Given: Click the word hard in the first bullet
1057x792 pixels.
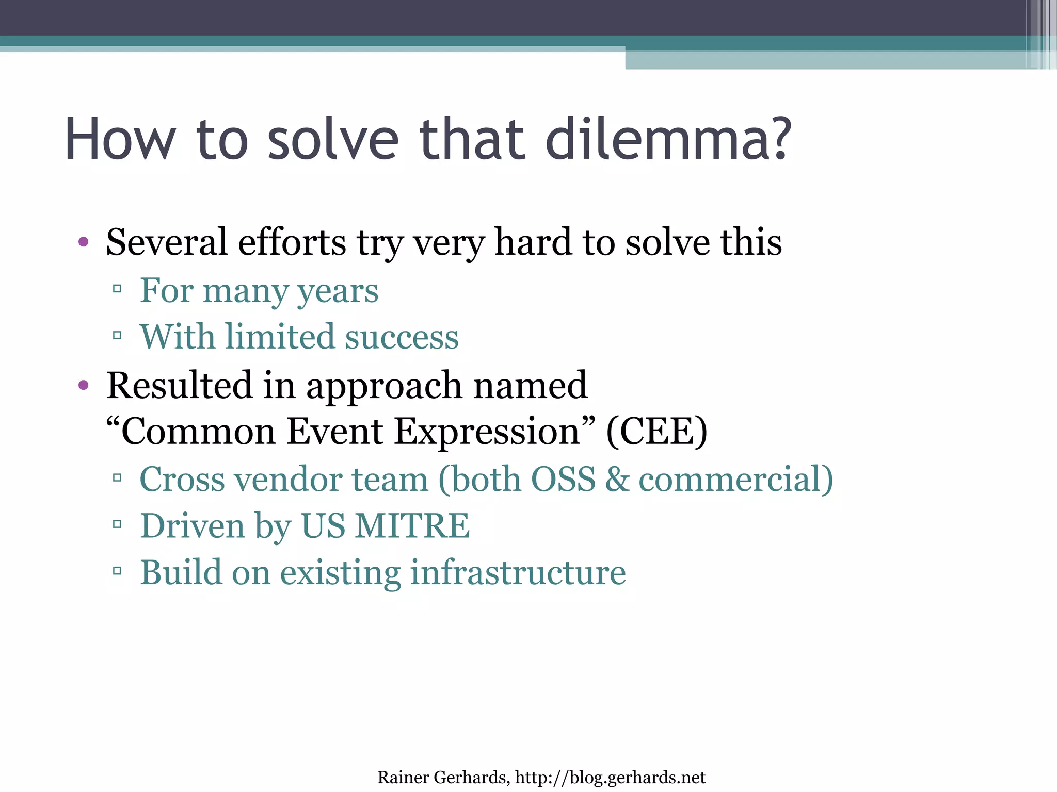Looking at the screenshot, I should click(x=533, y=242).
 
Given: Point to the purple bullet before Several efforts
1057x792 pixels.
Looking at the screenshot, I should click(x=84, y=242).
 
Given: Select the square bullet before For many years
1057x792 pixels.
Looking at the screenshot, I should click(x=117, y=289).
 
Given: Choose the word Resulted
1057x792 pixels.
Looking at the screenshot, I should click(x=179, y=385).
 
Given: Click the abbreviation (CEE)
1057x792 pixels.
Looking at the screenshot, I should click(x=656, y=432).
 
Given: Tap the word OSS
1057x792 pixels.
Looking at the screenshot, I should click(x=563, y=479).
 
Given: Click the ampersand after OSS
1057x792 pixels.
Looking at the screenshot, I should click(x=617, y=479).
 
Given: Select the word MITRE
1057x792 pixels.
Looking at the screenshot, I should click(x=412, y=526).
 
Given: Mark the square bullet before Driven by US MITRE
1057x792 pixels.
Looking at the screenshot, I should click(x=117, y=524).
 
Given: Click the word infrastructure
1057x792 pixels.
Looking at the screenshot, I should click(x=518, y=572).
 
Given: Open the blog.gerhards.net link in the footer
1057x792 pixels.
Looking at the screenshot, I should click(x=610, y=777).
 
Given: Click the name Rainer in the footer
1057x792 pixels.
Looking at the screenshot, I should click(x=403, y=777).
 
